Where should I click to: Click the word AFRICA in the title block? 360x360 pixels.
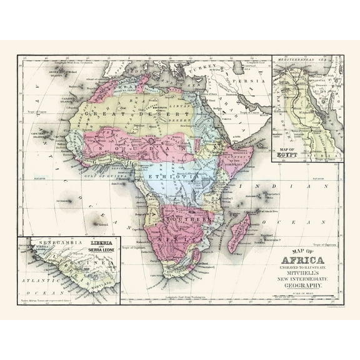pos(304,261)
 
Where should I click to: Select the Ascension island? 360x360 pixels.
pos(69,201)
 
